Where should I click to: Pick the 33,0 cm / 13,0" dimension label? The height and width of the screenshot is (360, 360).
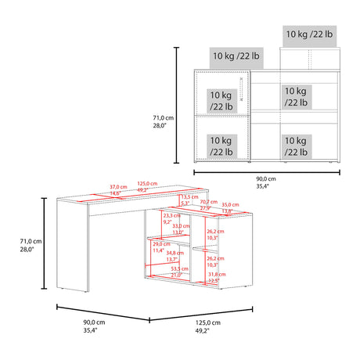(x=178, y=229)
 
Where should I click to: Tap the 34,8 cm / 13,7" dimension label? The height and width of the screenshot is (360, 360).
(x=175, y=257)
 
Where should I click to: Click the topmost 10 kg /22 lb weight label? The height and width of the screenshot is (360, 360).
(x=308, y=34)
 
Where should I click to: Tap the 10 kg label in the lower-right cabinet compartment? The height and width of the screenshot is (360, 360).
(x=295, y=146)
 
